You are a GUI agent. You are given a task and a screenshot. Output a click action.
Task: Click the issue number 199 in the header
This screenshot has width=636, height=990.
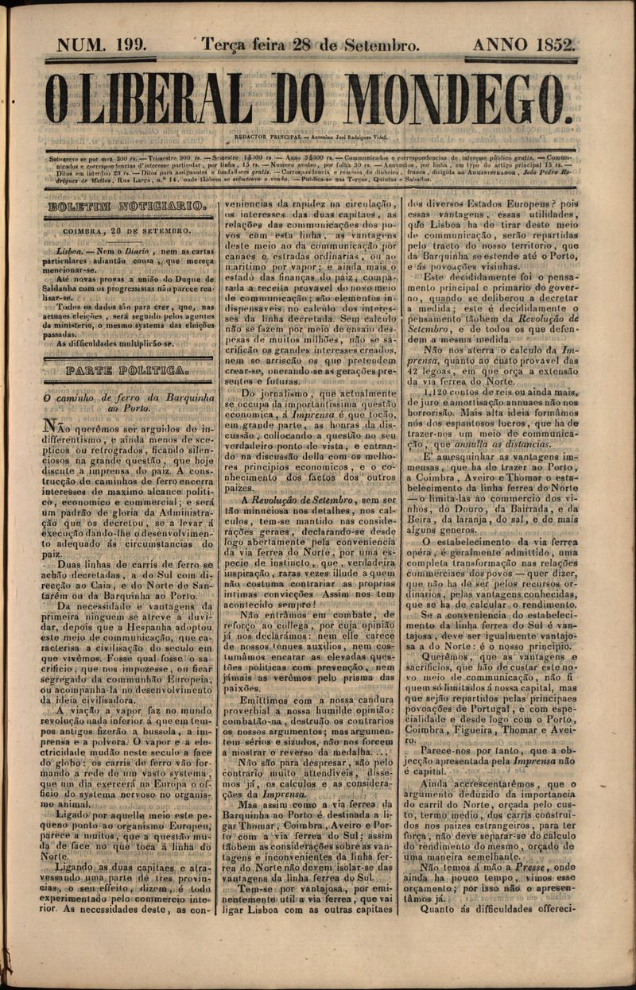[128, 44]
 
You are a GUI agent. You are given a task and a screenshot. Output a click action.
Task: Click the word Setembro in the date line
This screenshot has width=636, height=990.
[380, 45]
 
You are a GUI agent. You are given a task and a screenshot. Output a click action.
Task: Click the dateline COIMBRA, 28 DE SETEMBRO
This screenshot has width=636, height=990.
[128, 231]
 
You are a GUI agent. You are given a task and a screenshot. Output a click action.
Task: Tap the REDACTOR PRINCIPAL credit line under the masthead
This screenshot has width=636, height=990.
[310, 137]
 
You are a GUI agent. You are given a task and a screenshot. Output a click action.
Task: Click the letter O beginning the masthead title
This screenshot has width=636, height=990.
[57, 99]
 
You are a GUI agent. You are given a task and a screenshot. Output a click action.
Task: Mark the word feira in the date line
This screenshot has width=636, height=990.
[266, 45]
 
